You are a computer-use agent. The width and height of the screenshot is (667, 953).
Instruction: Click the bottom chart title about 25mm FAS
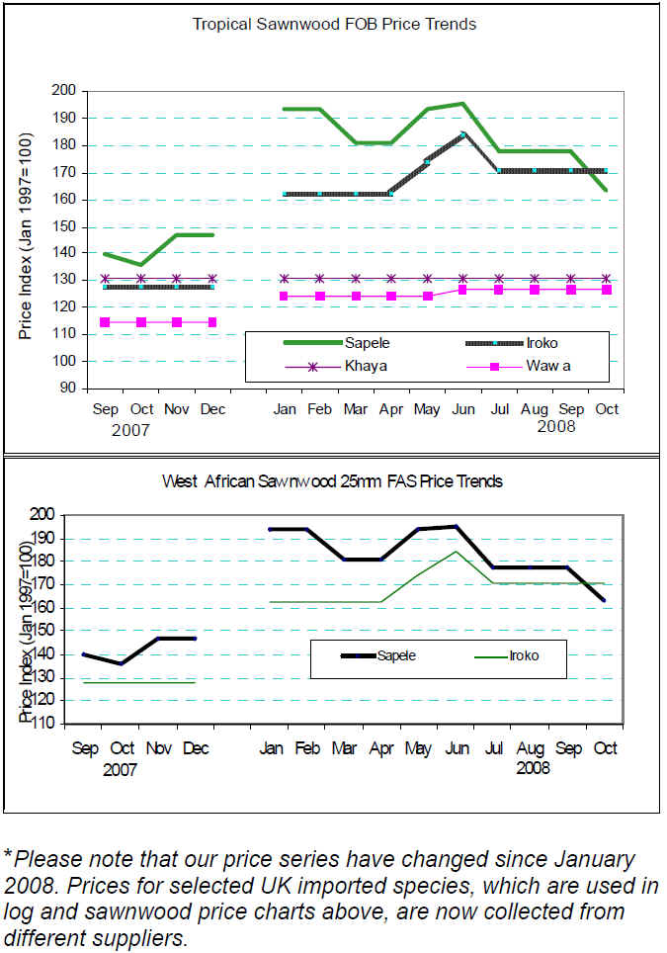tap(332, 481)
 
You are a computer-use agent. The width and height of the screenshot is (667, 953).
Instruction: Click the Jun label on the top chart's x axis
tap(462, 408)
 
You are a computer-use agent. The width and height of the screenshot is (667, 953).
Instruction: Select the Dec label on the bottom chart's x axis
tap(195, 748)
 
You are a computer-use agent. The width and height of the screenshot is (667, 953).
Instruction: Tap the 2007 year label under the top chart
tap(129, 430)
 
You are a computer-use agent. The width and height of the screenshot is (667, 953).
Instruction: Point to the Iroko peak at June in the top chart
tap(462, 133)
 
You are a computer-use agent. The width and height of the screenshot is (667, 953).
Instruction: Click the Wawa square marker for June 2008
tap(462, 290)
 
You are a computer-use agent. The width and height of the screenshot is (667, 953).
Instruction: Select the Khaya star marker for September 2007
tap(105, 279)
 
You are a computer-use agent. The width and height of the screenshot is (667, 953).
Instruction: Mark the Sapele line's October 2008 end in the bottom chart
tap(605, 600)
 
